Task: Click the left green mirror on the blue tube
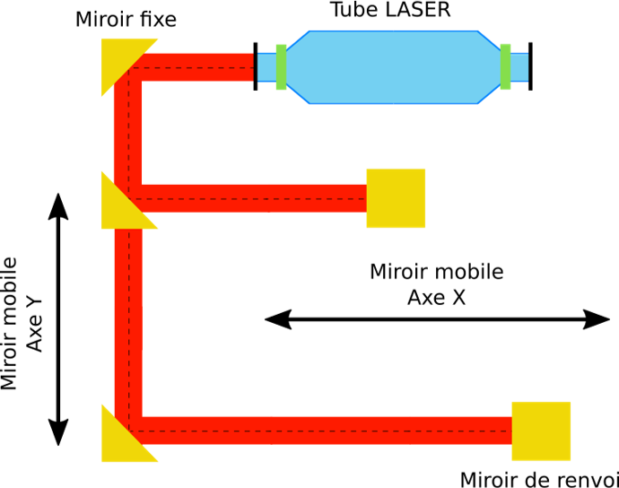(x=281, y=66)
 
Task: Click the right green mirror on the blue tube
(x=506, y=66)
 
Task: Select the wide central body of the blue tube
(x=393, y=67)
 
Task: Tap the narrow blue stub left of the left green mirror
(x=266, y=67)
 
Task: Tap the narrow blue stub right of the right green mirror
(x=519, y=67)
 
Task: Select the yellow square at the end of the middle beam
(x=396, y=198)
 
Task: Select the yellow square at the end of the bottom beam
(x=541, y=431)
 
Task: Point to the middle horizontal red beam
(x=251, y=191)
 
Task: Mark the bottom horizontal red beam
(x=323, y=423)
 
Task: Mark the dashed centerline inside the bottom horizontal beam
(x=323, y=431)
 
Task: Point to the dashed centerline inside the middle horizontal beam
(x=251, y=198)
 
